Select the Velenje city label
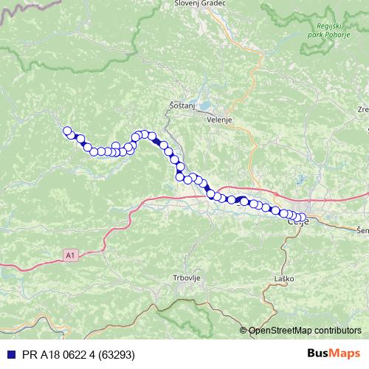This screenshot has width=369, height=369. pos(220,120)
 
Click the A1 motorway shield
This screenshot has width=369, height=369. pos(69,255)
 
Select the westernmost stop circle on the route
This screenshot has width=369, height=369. pos(67,131)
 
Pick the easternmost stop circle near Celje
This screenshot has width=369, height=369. pos(303,218)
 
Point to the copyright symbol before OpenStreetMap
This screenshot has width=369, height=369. pos(244,331)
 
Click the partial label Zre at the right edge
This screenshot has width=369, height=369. pos(362,109)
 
